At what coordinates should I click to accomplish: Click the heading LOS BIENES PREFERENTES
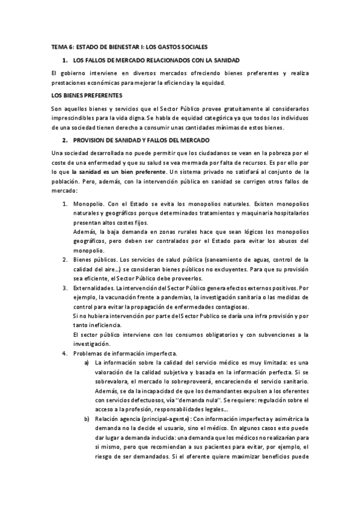click(x=87, y=95)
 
